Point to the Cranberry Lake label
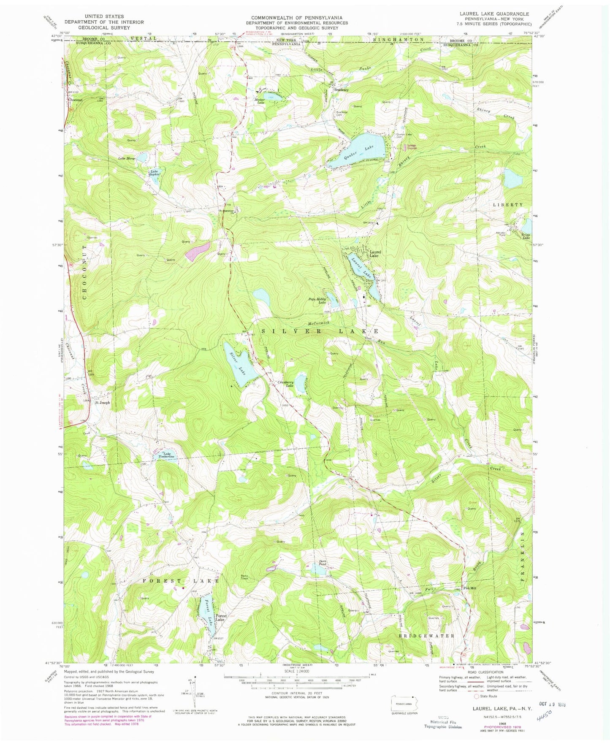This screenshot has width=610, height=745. coord(285,383)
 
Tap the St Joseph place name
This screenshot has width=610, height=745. coord(102,402)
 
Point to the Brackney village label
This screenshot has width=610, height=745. coord(341,89)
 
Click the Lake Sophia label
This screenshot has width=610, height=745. coord(154,173)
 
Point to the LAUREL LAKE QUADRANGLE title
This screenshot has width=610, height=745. coord(488,14)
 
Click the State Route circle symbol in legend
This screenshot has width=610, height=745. coord(477,696)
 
